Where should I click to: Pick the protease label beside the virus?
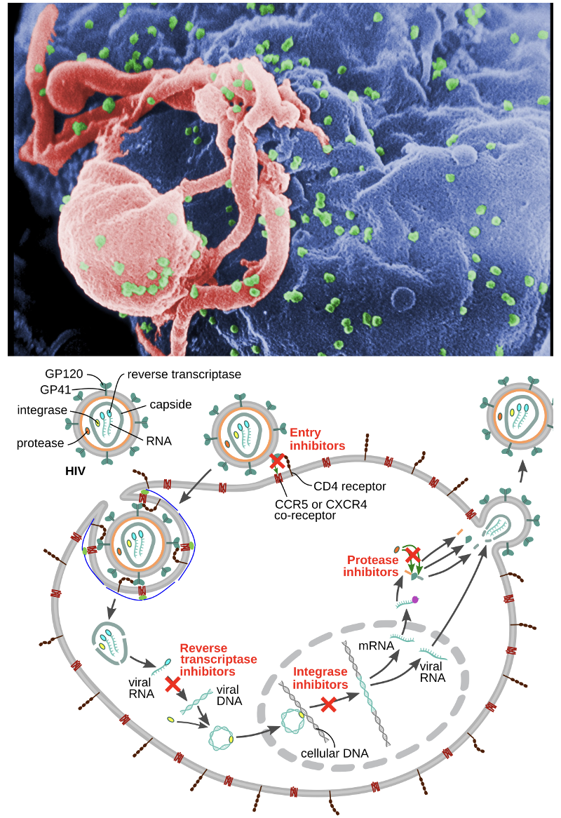(41, 443)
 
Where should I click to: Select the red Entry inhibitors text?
(317, 439)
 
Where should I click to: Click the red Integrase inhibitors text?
(320, 678)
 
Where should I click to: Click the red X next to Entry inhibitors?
(278, 461)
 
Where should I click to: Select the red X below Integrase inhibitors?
(327, 704)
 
